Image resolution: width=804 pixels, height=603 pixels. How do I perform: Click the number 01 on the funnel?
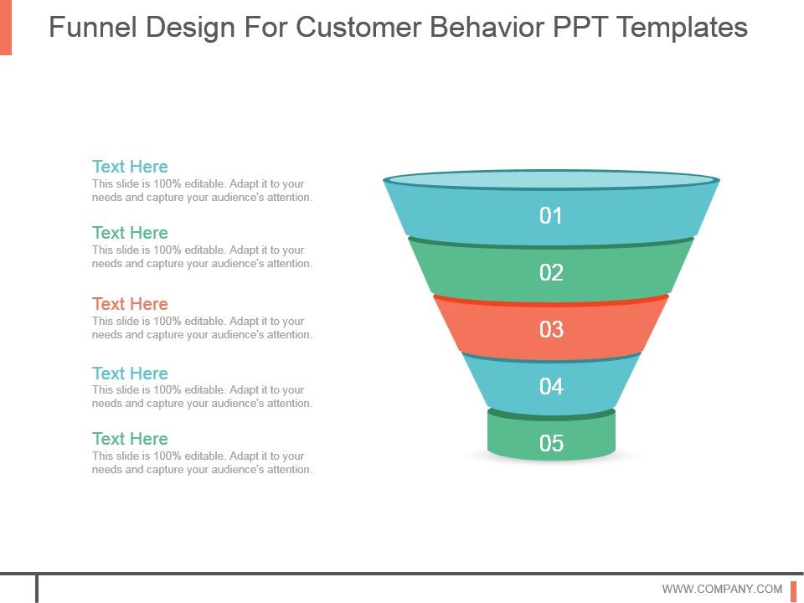pyautogui.click(x=551, y=216)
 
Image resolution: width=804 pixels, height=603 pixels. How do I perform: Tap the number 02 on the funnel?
pyautogui.click(x=551, y=272)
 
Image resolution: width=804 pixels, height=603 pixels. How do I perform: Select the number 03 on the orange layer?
pyautogui.click(x=551, y=329)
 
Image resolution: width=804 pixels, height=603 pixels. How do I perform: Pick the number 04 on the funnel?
pyautogui.click(x=551, y=386)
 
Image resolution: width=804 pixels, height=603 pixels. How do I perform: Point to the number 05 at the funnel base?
pyautogui.click(x=551, y=443)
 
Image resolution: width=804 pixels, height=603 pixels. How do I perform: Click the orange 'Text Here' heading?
pyautogui.click(x=130, y=304)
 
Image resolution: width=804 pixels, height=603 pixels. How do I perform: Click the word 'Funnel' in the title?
pyautogui.click(x=93, y=28)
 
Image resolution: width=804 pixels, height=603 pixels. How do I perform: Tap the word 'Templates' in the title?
pyautogui.click(x=682, y=28)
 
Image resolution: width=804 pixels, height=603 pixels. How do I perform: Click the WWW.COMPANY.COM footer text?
pyautogui.click(x=722, y=589)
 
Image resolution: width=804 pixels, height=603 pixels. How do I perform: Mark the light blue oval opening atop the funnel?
pyautogui.click(x=551, y=179)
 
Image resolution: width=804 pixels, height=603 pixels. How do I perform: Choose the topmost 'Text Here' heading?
pyautogui.click(x=130, y=167)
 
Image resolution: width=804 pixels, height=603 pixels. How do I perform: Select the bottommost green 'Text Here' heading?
pyautogui.click(x=130, y=439)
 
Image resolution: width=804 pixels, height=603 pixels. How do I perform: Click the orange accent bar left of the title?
pyautogui.click(x=6, y=27)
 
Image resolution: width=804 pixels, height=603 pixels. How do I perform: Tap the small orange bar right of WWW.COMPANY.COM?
pyautogui.click(x=793, y=590)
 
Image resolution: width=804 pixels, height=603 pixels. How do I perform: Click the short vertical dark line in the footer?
pyautogui.click(x=37, y=588)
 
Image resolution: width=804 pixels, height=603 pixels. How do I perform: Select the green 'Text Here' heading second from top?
pyautogui.click(x=130, y=233)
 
